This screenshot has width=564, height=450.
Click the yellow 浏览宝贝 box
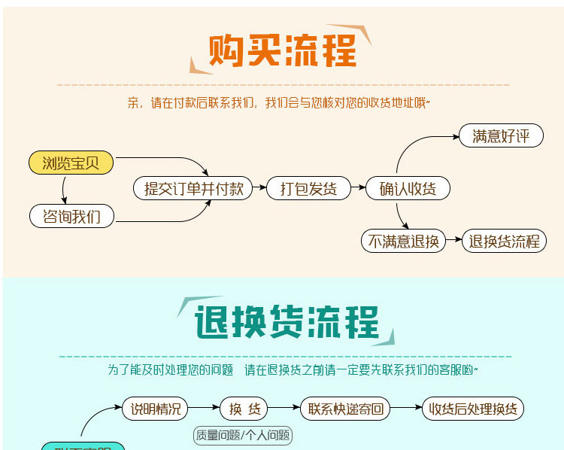point(71,163)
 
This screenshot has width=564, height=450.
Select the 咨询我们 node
point(71,217)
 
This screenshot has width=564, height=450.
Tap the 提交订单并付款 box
point(194,188)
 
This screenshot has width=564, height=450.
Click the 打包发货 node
point(308,188)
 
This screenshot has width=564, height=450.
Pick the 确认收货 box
point(408,188)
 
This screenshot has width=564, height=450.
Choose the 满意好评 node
point(495,136)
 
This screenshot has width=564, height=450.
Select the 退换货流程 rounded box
point(504,241)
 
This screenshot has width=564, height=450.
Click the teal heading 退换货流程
point(286,322)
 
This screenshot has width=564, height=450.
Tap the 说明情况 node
point(155,409)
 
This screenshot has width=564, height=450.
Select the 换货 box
point(244,409)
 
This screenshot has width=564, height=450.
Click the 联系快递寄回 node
point(345,409)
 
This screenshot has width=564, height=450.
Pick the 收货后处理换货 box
point(472,409)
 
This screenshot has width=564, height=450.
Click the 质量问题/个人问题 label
point(243,436)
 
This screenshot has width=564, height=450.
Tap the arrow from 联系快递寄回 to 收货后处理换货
point(406,409)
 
